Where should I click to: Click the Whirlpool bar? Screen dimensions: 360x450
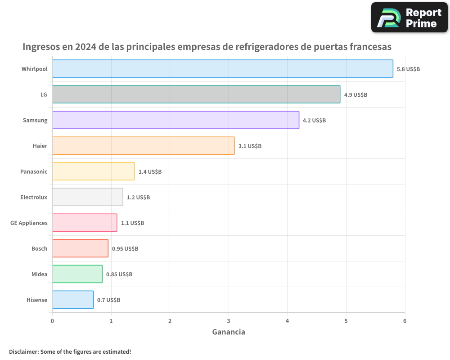(x=223, y=69)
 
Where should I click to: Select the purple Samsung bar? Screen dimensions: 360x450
(x=175, y=120)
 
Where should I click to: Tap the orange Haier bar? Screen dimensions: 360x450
(x=143, y=146)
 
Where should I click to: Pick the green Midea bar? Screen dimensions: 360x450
(x=77, y=274)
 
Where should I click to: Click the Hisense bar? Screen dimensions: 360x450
(x=73, y=300)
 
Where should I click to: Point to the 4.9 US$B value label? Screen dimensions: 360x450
(x=355, y=95)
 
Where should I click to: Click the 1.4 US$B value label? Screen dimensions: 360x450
(x=150, y=172)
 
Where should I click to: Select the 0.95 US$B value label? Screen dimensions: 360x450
(x=125, y=249)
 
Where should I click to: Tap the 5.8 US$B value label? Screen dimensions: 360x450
(x=408, y=69)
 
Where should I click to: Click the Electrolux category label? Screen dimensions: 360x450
(x=34, y=197)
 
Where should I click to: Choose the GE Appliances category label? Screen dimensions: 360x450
(x=29, y=223)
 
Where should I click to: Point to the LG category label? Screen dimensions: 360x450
(x=44, y=94)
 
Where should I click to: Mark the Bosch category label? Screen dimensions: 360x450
(x=39, y=248)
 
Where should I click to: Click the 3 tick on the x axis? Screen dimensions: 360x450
(x=229, y=321)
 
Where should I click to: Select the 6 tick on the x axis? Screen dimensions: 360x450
(x=405, y=321)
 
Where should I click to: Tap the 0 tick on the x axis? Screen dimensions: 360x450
(x=52, y=321)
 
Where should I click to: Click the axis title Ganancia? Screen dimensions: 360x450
(x=229, y=332)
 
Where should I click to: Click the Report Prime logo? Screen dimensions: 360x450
(x=409, y=18)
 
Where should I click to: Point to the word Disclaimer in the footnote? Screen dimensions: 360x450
(x=23, y=351)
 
